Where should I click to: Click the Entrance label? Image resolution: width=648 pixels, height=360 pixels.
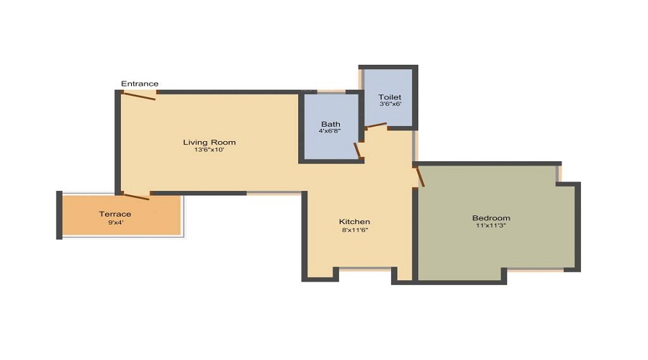coord(140,84)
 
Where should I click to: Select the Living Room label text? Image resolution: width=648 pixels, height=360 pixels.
coord(209,142)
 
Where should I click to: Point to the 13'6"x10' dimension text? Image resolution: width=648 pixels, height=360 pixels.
coord(209,150)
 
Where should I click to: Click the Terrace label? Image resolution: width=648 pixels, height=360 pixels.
coord(115,214)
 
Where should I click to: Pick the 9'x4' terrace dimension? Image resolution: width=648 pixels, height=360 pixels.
coord(115,222)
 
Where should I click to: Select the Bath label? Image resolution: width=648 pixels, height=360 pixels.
coord(330,123)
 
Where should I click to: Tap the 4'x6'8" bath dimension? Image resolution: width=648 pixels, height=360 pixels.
coord(330,131)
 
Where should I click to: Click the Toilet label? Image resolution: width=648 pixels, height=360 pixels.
coord(390,96)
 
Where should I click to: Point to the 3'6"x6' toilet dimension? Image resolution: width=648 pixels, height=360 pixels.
coord(390,104)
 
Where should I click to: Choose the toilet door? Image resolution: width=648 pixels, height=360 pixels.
coord(375,126)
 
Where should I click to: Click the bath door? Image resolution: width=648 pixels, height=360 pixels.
coord(357,150)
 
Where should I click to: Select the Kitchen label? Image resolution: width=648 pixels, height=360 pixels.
coord(355,221)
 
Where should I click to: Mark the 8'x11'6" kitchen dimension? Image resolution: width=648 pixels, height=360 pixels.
coord(355,230)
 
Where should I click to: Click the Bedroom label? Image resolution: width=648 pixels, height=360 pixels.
coord(491,218)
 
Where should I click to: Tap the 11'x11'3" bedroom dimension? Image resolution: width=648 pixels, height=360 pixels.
coord(491,227)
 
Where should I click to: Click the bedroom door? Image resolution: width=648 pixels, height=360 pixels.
coord(420,176)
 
